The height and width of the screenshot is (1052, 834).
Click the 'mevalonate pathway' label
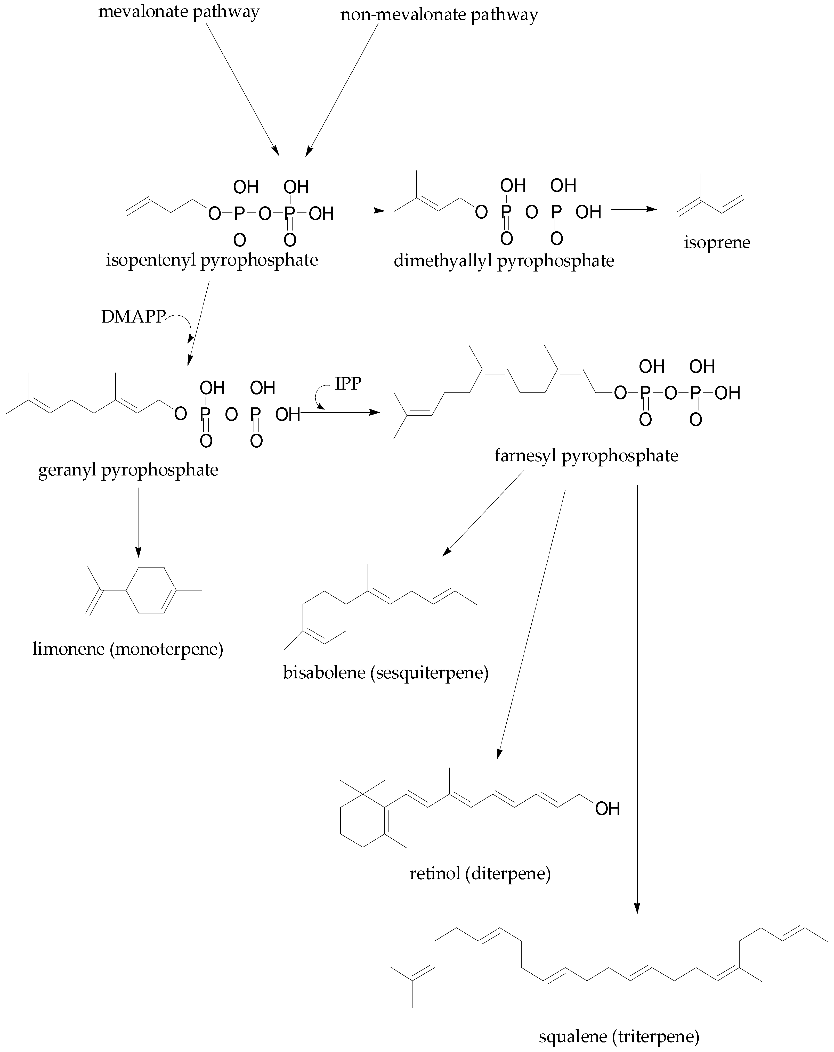[x=179, y=12]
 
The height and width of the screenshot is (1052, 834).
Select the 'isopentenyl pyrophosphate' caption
[x=212, y=260]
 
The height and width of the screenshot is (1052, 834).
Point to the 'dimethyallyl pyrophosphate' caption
[x=504, y=261]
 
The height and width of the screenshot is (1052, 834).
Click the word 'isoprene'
[x=717, y=243]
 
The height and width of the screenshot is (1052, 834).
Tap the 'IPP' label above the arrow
[x=348, y=383]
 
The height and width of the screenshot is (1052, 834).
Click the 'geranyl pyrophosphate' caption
[x=128, y=470]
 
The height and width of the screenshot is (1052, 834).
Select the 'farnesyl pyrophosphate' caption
[x=586, y=456]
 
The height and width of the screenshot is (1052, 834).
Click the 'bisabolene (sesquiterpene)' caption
[x=386, y=673]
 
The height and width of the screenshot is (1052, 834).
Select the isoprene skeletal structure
[x=710, y=202]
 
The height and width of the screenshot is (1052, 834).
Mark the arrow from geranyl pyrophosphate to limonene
[x=139, y=522]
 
